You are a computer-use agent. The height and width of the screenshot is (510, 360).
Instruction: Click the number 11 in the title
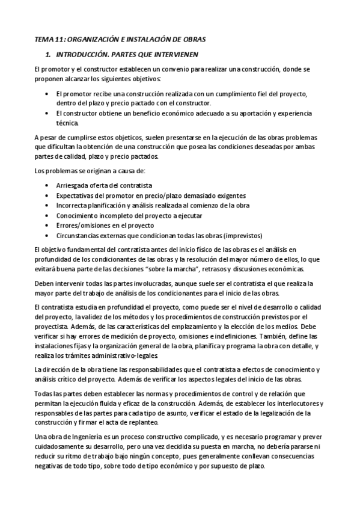click(58, 40)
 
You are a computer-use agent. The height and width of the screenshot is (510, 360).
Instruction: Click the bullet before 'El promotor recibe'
click(47, 94)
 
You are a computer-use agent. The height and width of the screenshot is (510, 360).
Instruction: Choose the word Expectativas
click(76, 195)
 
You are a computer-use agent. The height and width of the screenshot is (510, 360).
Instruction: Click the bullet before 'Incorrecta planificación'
click(47, 206)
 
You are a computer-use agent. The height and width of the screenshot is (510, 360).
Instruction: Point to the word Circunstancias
click(78, 235)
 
